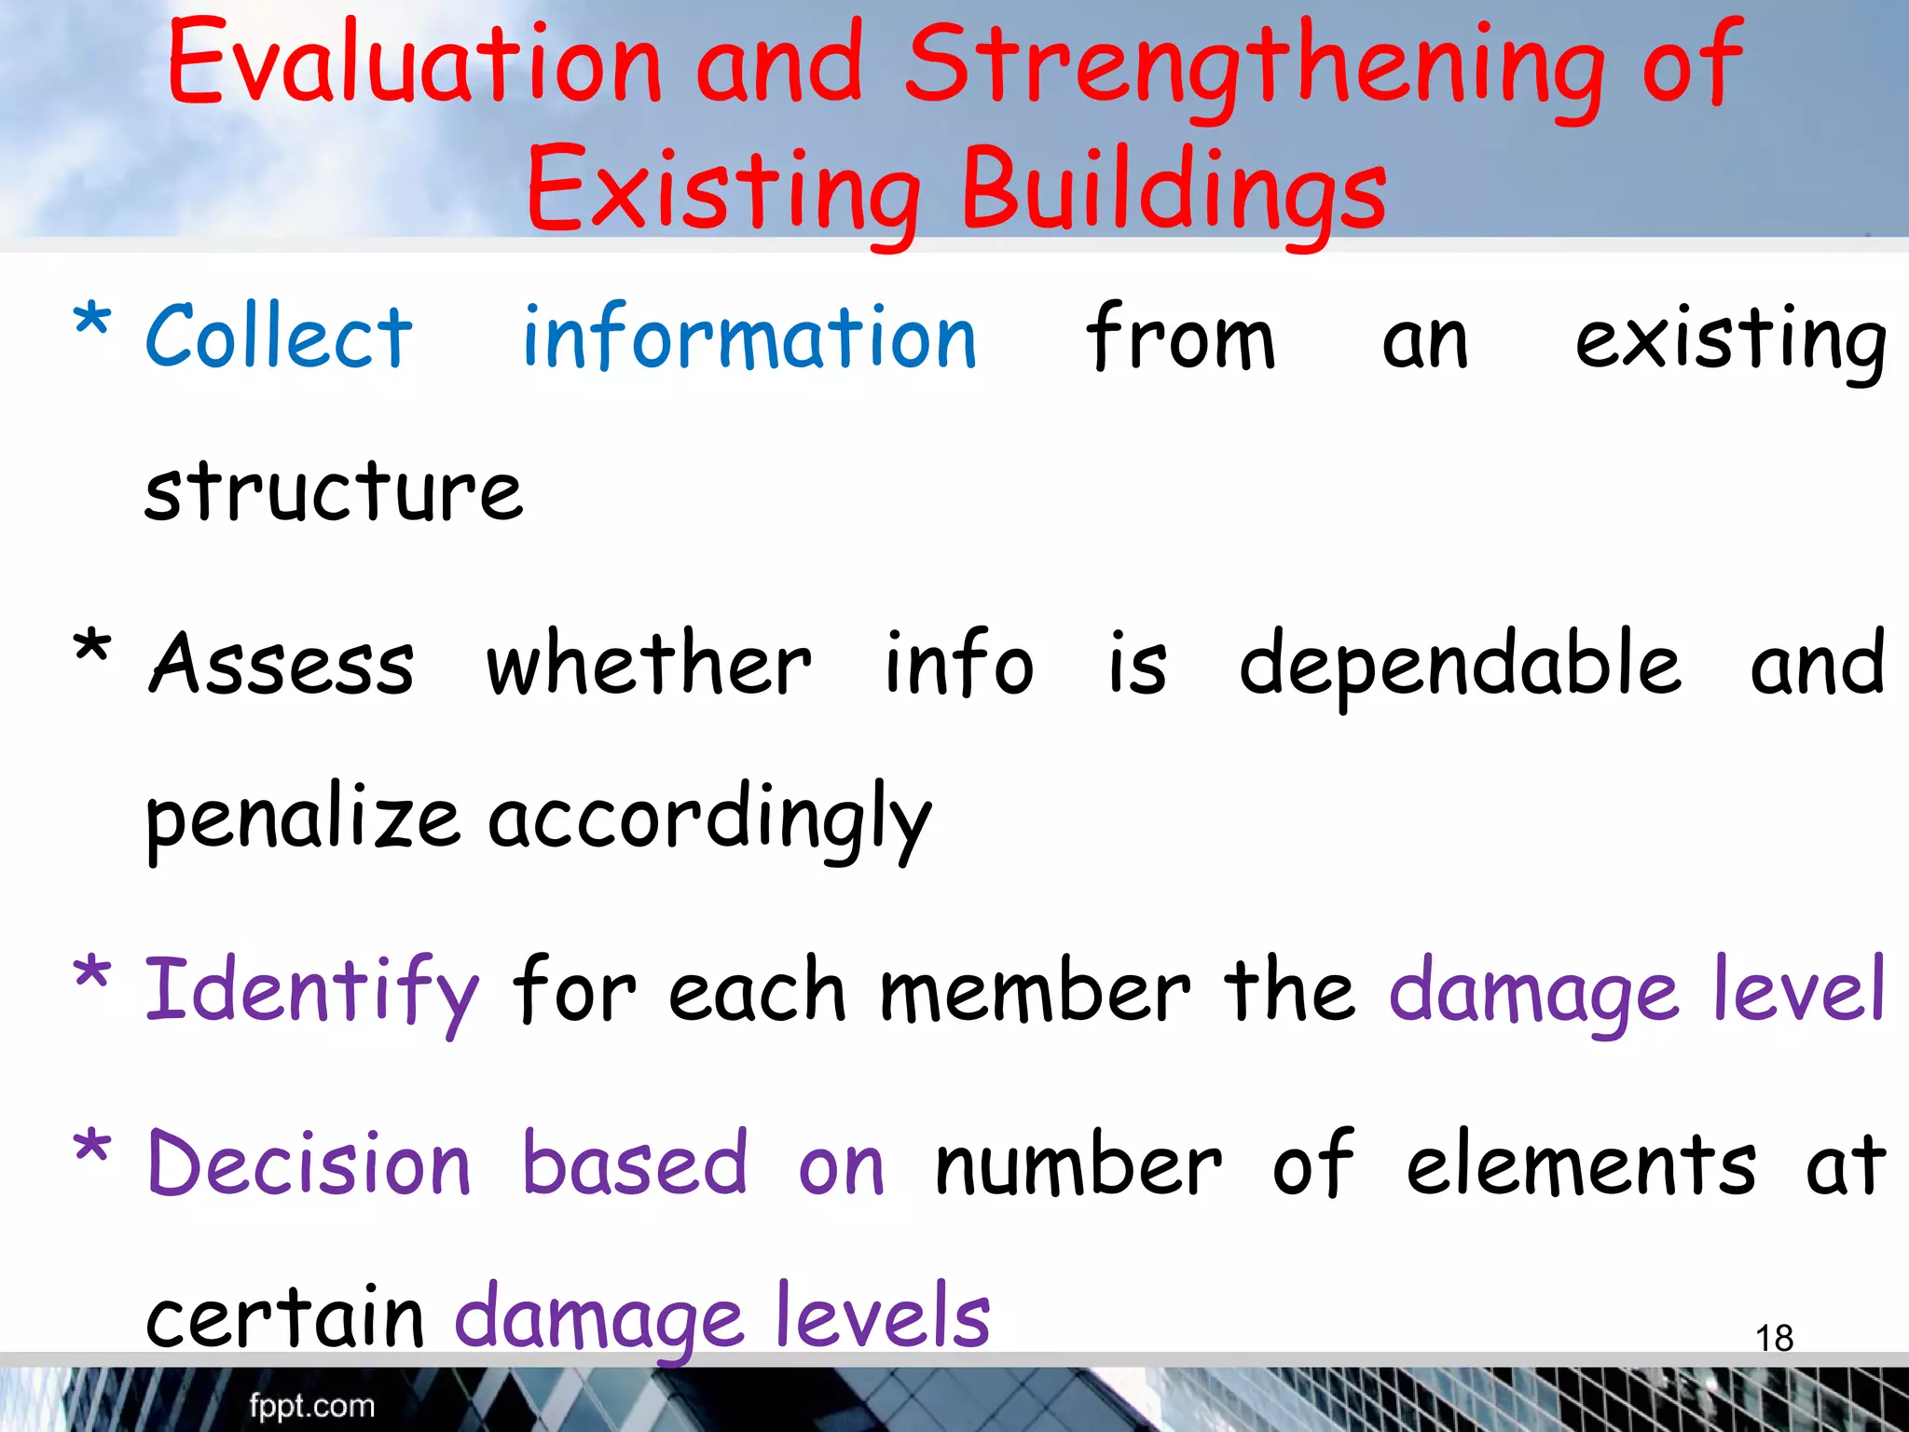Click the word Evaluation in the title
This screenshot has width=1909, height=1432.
pos(415,63)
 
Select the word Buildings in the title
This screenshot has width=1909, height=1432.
pos(1174,190)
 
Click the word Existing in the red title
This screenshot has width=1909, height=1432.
pos(724,190)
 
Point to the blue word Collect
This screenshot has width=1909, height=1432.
pos(279,337)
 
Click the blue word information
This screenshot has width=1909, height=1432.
pos(749,337)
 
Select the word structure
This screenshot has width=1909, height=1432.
pos(334,490)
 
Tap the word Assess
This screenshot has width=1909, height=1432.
pos(282,663)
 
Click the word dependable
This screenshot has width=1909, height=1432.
pos(1460,665)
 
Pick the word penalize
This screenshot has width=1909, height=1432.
pos(303,819)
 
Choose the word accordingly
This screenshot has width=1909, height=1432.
pos(709,819)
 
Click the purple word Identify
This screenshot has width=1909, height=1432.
pos(312,991)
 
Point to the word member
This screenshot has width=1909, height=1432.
pos(1036,990)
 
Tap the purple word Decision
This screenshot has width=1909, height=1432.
pos(309,1163)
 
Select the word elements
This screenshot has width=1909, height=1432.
pos(1581,1163)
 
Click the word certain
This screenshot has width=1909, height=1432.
pos(285,1316)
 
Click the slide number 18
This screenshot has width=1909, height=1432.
pos(1774,1338)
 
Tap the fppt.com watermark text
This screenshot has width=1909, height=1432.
pos(311,1405)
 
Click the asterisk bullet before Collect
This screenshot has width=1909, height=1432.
pos(91,322)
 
